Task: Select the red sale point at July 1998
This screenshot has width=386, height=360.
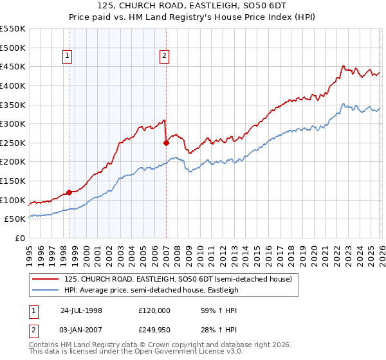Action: coord(69,192)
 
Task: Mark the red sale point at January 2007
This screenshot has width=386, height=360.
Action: coord(166,143)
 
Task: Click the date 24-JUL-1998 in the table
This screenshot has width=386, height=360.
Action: coord(81,310)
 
